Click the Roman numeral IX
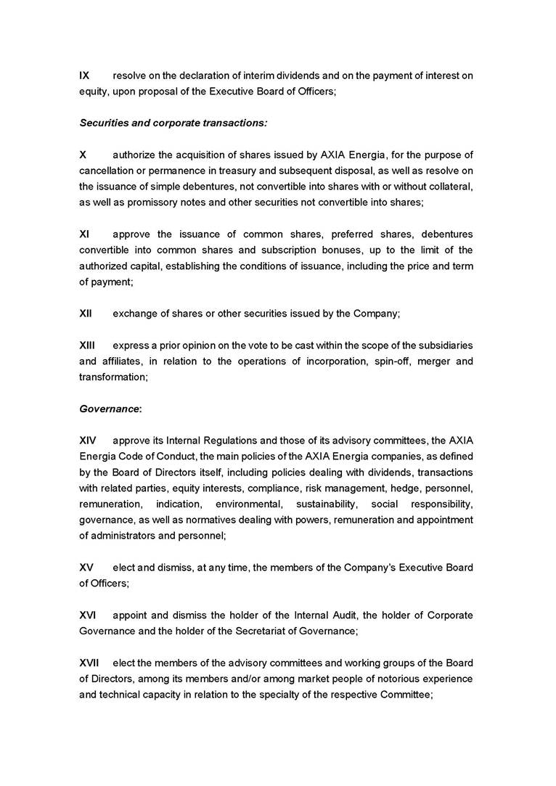84,75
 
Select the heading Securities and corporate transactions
173,123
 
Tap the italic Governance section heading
110,409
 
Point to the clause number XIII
86,345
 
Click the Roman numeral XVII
89,663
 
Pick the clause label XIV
87,441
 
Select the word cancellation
110,171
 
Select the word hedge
404,488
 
